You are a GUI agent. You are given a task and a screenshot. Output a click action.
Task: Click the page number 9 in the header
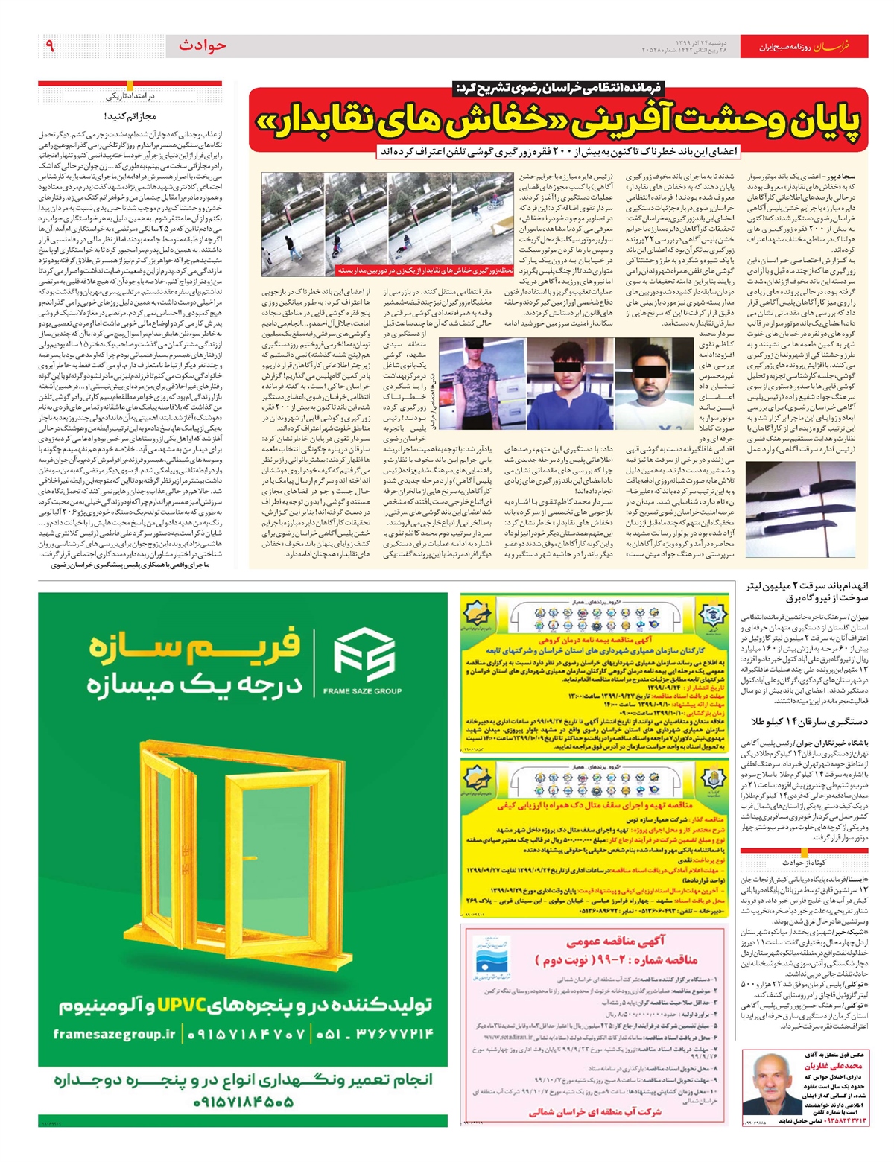pos(49,46)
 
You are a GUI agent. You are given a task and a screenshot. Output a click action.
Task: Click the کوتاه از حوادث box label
pos(801,863)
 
